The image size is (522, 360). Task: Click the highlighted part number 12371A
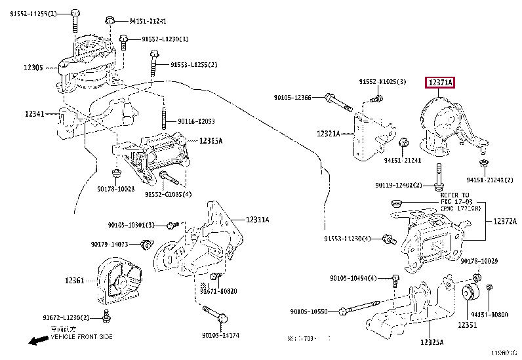pyautogui.click(x=440, y=83)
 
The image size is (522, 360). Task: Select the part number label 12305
pyautogui.click(x=33, y=68)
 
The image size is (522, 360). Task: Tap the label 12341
pyautogui.click(x=33, y=114)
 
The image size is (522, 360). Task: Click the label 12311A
pyautogui.click(x=258, y=219)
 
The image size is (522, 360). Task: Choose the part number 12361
pyautogui.click(x=74, y=281)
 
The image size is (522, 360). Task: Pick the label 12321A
pyautogui.click(x=328, y=134)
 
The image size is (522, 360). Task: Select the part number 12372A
pyautogui.click(x=504, y=221)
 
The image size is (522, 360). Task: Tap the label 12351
pyautogui.click(x=467, y=325)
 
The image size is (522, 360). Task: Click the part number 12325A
pyautogui.click(x=432, y=342)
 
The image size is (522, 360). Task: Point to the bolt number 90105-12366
pyautogui.click(x=292, y=98)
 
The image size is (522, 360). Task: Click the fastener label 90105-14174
pyautogui.click(x=220, y=335)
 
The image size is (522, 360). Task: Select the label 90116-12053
pyautogui.click(x=197, y=122)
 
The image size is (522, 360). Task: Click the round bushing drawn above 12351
pyautogui.click(x=472, y=292)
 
